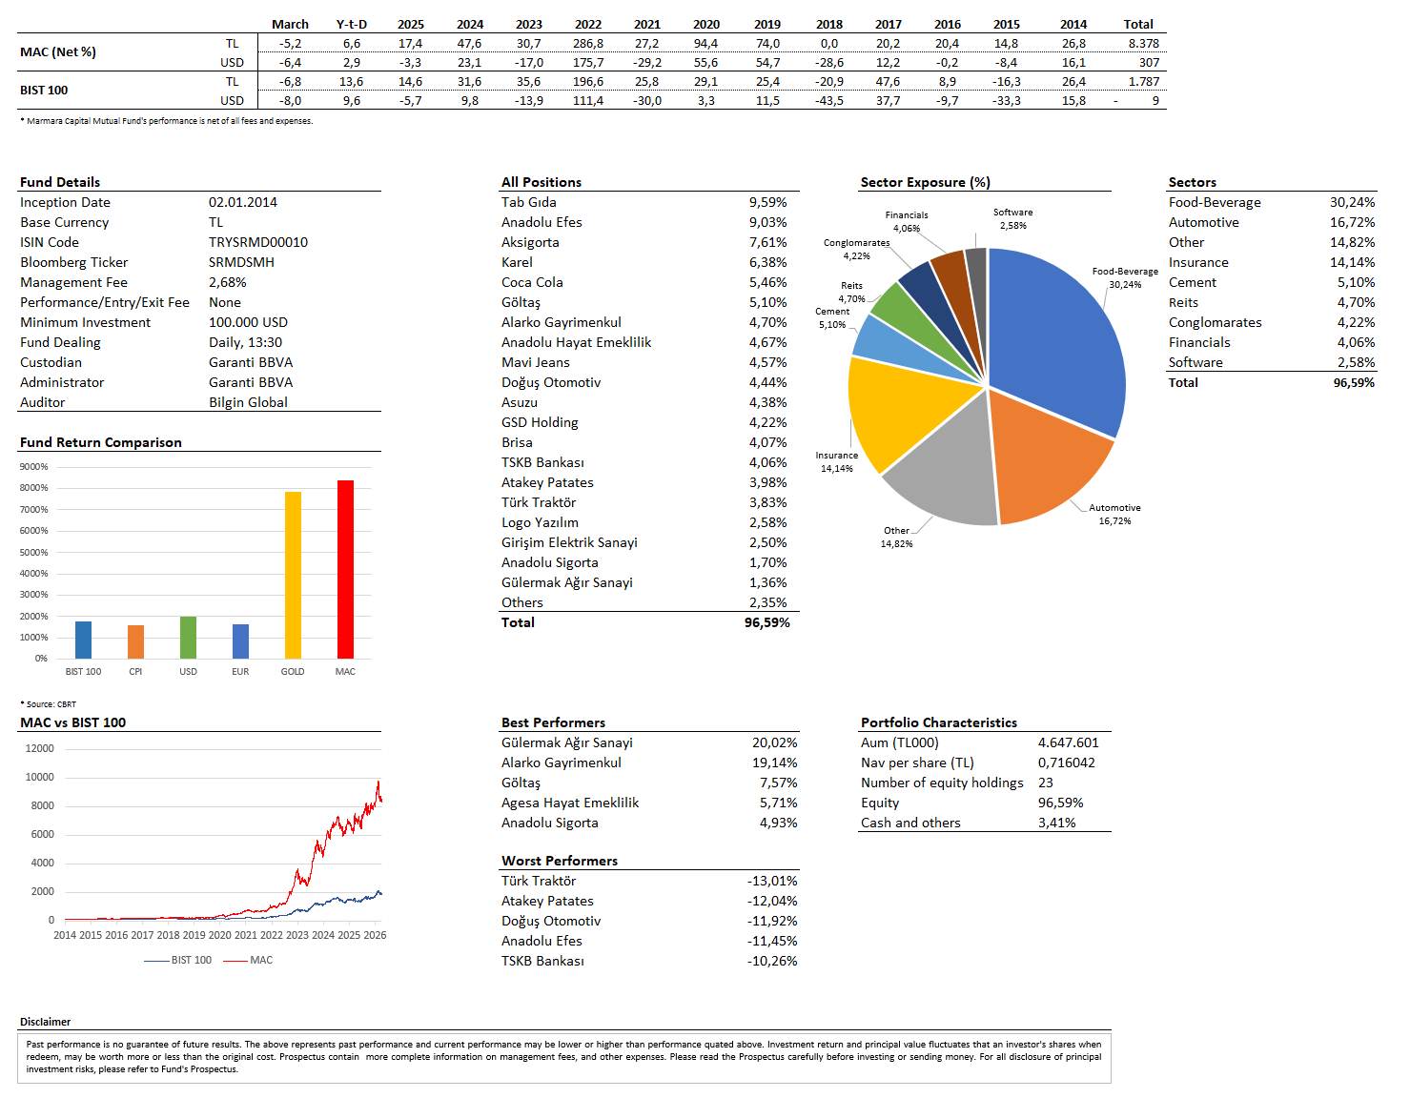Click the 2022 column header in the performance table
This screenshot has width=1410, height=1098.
(588, 24)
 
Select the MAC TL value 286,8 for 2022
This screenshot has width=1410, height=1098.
(588, 43)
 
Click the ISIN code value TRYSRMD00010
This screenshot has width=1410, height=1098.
(258, 242)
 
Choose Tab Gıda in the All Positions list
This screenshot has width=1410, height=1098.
(529, 202)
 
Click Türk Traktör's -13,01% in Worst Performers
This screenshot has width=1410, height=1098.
(772, 881)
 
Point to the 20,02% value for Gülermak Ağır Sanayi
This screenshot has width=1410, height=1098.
(774, 742)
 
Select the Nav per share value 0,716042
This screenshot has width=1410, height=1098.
(1066, 762)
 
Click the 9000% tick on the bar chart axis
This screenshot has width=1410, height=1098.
(34, 467)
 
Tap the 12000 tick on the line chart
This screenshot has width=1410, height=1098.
(39, 748)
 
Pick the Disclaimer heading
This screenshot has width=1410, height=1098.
(45, 1022)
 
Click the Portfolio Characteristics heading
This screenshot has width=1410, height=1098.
(938, 722)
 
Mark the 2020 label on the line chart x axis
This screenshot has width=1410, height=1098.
(219, 935)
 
